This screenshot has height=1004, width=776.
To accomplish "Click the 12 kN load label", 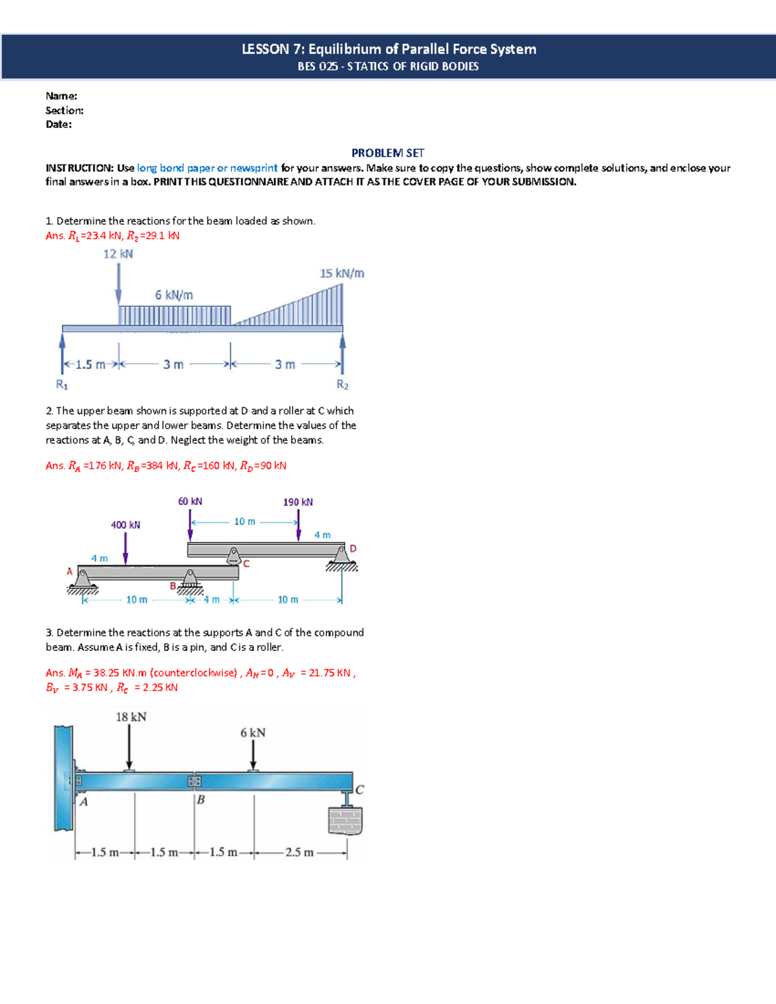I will click(x=118, y=254).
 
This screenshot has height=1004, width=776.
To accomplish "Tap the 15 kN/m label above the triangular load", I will click(x=341, y=273).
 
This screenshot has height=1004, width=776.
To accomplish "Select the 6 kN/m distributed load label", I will click(x=173, y=295).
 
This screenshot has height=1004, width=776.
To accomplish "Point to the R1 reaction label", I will click(x=62, y=385).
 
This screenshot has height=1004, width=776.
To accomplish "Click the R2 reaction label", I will click(x=342, y=385).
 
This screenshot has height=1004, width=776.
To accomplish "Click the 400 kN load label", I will click(x=125, y=525).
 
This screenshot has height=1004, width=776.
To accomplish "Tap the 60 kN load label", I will click(x=190, y=502).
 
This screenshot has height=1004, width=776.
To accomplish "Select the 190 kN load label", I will click(x=297, y=502).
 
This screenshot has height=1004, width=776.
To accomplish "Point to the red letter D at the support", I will click(x=353, y=549).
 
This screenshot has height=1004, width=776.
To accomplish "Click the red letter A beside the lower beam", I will click(x=70, y=571).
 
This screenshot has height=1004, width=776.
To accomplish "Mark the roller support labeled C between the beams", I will click(x=233, y=557).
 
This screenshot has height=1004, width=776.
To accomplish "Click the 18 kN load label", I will click(x=131, y=717).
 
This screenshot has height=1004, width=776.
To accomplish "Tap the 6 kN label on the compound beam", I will click(x=253, y=732).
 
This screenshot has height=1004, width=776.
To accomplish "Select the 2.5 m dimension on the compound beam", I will click(x=299, y=852).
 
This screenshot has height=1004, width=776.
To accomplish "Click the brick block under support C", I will click(x=345, y=820).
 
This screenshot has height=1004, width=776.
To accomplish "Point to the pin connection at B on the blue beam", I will click(x=194, y=781).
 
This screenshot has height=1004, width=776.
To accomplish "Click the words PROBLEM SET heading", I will click(x=387, y=153).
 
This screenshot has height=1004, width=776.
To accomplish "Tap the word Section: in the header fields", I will click(x=64, y=111).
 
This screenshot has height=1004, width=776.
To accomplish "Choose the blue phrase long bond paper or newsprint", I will click(x=207, y=168).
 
